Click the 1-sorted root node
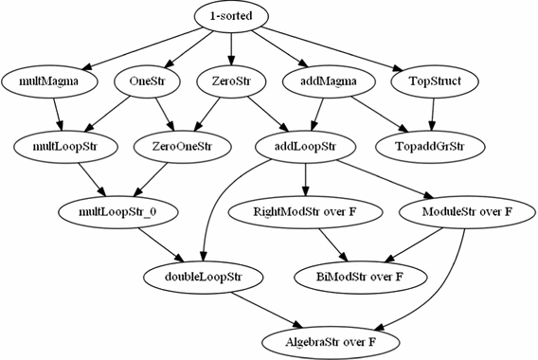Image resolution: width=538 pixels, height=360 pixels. [231, 16]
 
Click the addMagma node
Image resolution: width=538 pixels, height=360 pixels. [321, 81]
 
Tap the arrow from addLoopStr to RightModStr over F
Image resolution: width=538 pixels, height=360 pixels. [305, 178]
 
